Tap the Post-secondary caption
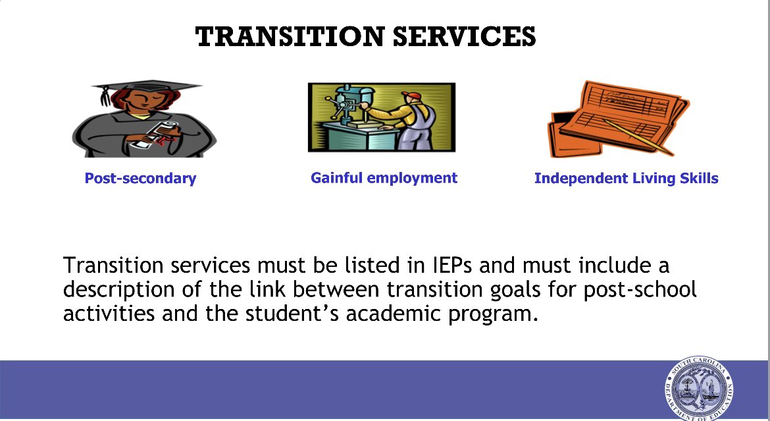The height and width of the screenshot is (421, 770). click(x=140, y=178)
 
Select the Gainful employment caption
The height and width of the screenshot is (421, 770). click(x=384, y=177)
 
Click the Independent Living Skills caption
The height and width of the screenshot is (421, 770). click(x=626, y=178)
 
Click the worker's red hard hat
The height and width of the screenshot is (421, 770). click(x=413, y=96)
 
